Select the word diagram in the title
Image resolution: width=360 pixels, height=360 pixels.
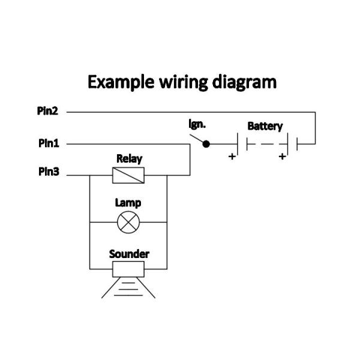pyautogui.click(x=245, y=82)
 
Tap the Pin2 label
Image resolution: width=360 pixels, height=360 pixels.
pyautogui.click(x=48, y=111)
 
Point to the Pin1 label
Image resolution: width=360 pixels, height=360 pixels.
pyautogui.click(x=48, y=144)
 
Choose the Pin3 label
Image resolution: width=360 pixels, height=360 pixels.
pyautogui.click(x=48, y=172)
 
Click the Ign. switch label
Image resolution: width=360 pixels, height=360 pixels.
pyautogui.click(x=197, y=125)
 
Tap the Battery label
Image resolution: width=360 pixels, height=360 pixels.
pyautogui.click(x=265, y=127)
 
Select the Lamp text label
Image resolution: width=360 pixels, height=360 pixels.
pyautogui.click(x=128, y=203)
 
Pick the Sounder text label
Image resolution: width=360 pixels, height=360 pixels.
pyautogui.click(x=129, y=254)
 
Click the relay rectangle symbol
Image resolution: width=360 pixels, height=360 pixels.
pyautogui.click(x=129, y=175)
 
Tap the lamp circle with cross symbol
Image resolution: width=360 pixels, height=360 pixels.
pyautogui.click(x=128, y=222)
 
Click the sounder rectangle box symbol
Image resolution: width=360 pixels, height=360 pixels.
pyautogui.click(x=129, y=268)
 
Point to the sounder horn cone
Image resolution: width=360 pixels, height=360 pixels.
pyautogui.click(x=128, y=286)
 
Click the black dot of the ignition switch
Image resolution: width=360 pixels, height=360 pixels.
pyautogui.click(x=206, y=144)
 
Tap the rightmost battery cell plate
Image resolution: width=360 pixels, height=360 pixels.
pyautogui.click(x=298, y=144)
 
